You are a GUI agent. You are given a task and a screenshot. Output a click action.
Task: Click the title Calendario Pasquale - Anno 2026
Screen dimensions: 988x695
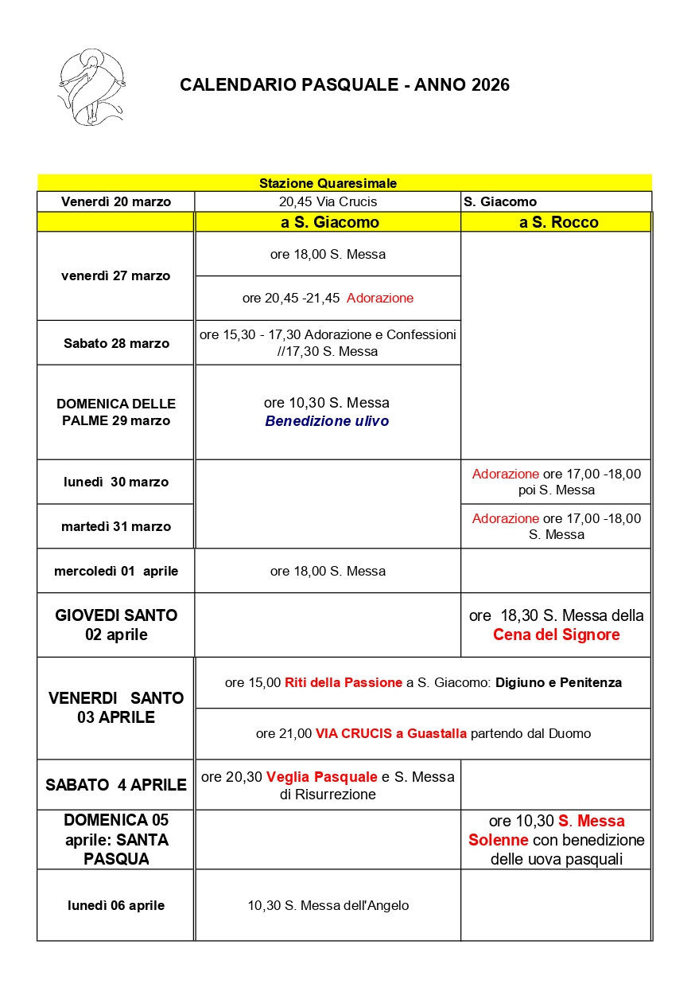point(344,85)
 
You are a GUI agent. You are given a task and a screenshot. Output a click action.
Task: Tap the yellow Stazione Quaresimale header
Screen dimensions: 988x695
point(328,183)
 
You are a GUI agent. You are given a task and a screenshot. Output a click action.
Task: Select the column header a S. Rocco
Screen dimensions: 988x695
point(558,222)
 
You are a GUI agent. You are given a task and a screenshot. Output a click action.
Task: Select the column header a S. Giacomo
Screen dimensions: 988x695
point(329,222)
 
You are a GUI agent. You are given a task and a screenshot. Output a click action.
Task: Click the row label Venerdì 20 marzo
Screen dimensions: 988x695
point(116,201)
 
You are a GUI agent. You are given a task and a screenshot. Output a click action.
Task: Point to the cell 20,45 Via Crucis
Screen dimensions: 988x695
point(328,201)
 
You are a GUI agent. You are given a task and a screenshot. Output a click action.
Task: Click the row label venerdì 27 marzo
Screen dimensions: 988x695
point(116,276)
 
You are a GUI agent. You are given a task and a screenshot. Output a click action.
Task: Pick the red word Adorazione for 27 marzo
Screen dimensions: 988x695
point(380,298)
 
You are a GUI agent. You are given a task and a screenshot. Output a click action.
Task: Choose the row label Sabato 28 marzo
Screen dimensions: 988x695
point(116,343)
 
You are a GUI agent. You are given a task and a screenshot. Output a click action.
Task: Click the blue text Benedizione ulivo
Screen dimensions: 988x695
point(327,421)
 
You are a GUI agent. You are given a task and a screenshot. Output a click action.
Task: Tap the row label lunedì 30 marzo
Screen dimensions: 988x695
point(116,482)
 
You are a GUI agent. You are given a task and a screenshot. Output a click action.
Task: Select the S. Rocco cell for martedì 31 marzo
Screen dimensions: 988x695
point(556,526)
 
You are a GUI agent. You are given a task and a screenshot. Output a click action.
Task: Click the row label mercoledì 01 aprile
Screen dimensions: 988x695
point(116,571)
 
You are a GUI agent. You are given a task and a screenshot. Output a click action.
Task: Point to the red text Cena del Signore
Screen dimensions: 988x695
point(556,635)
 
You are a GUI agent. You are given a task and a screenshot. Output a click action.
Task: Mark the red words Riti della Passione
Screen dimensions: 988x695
point(344,682)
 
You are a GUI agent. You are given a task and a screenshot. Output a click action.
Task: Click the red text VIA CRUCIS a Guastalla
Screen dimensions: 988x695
point(391,733)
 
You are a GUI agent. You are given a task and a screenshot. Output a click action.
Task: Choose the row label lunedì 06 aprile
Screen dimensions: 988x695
point(116,905)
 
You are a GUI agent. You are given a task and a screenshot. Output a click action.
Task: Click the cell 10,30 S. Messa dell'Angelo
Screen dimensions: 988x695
point(328,905)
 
